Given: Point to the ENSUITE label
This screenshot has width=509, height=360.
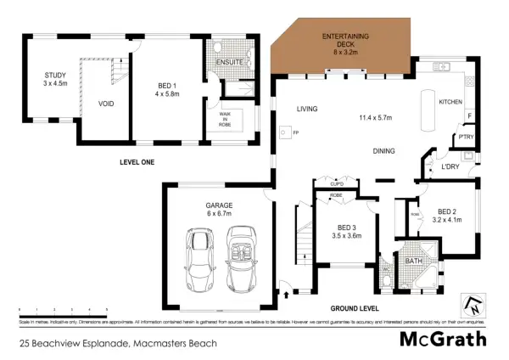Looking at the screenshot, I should coord(229,62).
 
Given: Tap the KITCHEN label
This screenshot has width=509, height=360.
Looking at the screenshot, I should coord(450,101).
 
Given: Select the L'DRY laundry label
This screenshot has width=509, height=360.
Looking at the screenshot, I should coord(450,166).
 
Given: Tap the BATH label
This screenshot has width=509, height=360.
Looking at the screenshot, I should coord(414,261).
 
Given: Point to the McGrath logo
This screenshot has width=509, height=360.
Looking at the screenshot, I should coord(444,340).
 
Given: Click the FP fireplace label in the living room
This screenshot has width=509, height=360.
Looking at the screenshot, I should coord(296,133).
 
